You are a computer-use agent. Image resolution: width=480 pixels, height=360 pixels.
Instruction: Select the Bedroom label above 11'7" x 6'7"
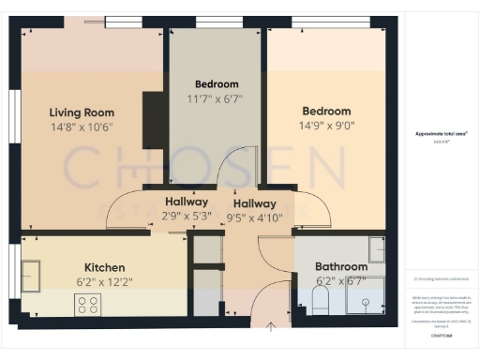(217, 83)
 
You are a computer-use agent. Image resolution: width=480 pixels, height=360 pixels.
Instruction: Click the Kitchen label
(104, 265)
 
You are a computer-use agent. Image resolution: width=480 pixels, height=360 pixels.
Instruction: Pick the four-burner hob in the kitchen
(88, 305)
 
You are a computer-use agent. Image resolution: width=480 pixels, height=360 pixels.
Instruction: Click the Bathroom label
(340, 265)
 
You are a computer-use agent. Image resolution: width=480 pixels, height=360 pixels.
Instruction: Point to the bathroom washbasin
(375, 250)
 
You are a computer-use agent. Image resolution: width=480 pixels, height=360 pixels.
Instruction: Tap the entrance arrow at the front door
(271, 326)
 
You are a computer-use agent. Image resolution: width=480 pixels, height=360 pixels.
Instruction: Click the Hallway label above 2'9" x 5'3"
(186, 202)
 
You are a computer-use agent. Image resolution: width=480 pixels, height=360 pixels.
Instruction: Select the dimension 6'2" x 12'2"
(104, 280)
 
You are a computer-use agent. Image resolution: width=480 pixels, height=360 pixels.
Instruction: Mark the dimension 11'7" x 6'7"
(217, 97)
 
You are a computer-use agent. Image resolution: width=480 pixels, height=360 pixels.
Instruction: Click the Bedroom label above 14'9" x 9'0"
(325, 111)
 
